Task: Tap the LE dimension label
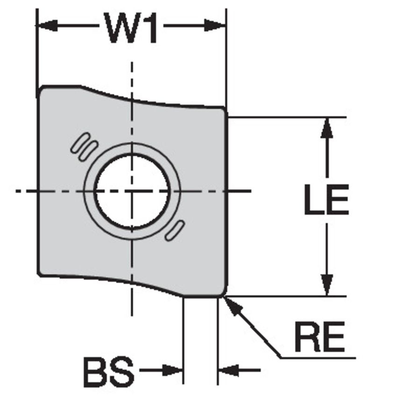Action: pos(327,199)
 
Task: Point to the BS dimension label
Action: pos(109,371)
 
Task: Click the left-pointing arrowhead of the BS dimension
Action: pos(229,370)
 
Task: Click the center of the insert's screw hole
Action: pos(132,191)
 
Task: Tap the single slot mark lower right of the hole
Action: pos(175,230)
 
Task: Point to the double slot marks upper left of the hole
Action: pos(84,147)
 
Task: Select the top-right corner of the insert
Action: pos(224,109)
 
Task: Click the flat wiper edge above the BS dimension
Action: pos(201,296)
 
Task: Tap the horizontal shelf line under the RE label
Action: pos(318,358)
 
